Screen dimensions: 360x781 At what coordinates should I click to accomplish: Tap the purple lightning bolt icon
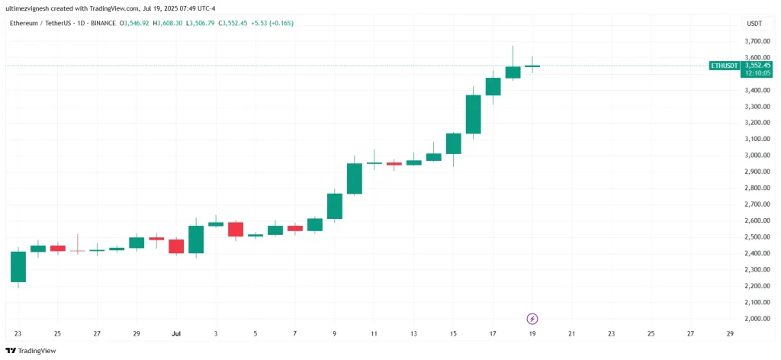(x=533, y=318)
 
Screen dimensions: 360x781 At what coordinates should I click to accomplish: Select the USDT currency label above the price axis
(x=753, y=23)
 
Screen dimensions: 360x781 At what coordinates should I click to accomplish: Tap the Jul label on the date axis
(x=176, y=334)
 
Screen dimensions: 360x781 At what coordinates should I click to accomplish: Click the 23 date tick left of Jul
(x=18, y=334)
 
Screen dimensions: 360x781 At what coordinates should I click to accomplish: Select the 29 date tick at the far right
(x=730, y=334)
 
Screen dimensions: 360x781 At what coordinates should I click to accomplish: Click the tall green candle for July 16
(x=474, y=114)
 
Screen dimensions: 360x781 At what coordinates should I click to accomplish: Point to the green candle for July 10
(x=355, y=178)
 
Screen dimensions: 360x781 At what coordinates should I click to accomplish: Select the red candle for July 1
(x=176, y=246)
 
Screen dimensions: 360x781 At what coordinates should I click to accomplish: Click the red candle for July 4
(x=236, y=229)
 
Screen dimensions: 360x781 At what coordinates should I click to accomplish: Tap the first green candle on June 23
(x=18, y=267)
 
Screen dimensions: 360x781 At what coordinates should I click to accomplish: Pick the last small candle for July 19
(x=532, y=66)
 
